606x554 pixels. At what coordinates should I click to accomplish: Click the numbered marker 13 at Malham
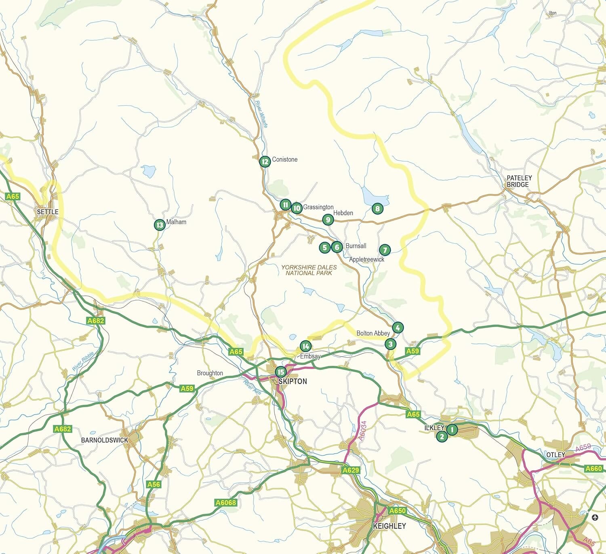click(160, 225)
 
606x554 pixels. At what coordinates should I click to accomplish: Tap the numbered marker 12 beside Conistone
click(265, 162)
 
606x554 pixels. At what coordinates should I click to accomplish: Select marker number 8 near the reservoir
click(377, 209)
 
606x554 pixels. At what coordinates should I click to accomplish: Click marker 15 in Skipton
click(281, 372)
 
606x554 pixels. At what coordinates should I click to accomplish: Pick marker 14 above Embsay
click(305, 346)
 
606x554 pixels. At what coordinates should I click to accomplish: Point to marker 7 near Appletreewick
click(385, 250)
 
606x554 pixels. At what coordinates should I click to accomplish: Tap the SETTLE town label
click(48, 212)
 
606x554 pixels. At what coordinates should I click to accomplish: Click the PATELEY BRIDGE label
click(519, 181)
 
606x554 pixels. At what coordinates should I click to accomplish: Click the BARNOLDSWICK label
click(104, 440)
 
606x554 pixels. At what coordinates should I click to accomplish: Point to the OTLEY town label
click(555, 455)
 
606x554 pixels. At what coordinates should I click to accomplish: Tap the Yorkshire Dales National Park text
click(309, 270)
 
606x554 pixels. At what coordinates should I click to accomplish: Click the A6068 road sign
click(225, 503)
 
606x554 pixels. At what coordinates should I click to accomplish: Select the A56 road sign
click(154, 484)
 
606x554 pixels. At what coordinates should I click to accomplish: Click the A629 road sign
click(350, 470)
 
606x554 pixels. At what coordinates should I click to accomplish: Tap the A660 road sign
click(593, 468)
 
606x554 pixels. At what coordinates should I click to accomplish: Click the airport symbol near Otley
click(595, 517)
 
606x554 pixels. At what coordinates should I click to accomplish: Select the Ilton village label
click(552, 13)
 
